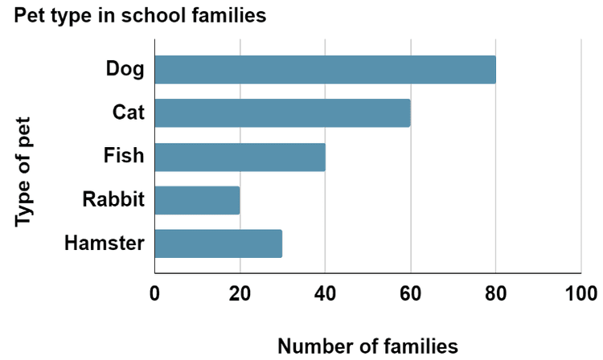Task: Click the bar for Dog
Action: pos(325,70)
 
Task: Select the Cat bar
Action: pos(282,113)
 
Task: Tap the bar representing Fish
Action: pos(240,157)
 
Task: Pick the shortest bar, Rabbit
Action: pos(197,200)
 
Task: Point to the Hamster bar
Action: pos(218,243)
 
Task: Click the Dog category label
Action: pos(125,69)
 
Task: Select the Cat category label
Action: pos(128,112)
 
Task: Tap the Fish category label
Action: pos(124,156)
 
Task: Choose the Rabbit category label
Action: pos(113,199)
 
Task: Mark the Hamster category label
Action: pos(105,243)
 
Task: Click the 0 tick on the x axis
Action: pos(154,293)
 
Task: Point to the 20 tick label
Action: pos(240,293)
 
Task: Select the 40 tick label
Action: pos(325,293)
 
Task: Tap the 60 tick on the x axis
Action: pos(410,293)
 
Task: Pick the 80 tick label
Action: pos(495,293)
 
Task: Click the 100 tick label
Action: pos(580,293)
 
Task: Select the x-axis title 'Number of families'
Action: pos(367,346)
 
